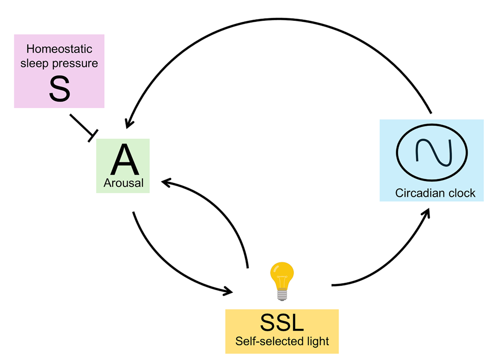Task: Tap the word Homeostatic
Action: point(59,49)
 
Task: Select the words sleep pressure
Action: point(59,63)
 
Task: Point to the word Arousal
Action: point(123,183)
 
